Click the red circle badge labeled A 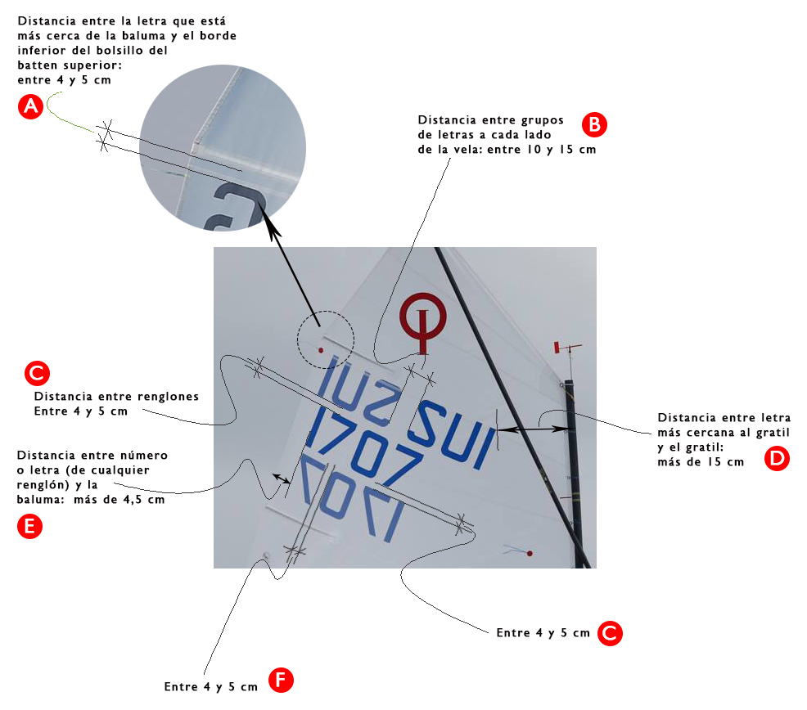pos(31,106)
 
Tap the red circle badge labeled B pos(594,124)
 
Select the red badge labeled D pos(777,458)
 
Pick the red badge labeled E pos(29,526)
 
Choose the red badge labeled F pos(281,680)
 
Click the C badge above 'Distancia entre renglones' pos(37,373)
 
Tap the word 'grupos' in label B pos(543,120)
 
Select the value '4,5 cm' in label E pos(144,500)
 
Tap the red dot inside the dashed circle pos(321,350)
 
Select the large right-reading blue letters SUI pos(453,434)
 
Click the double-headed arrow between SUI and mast pos(533,429)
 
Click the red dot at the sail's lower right pos(530,554)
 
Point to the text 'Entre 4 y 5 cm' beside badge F pos(210,687)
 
